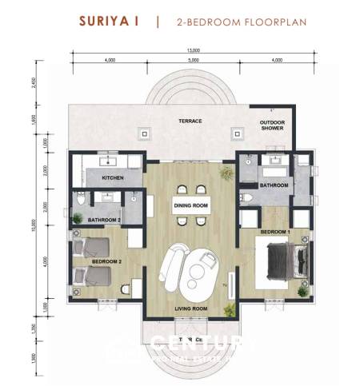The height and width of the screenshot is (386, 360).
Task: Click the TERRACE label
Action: tap(190, 121)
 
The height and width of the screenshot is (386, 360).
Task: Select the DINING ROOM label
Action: tap(191, 205)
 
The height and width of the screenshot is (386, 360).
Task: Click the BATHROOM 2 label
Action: tap(104, 219)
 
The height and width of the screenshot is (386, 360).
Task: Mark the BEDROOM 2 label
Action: tap(106, 261)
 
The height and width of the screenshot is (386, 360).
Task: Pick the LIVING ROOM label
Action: tap(191, 308)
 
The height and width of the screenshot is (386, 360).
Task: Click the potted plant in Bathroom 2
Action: tap(78, 217)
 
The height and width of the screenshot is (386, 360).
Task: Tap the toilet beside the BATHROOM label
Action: tap(248, 197)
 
